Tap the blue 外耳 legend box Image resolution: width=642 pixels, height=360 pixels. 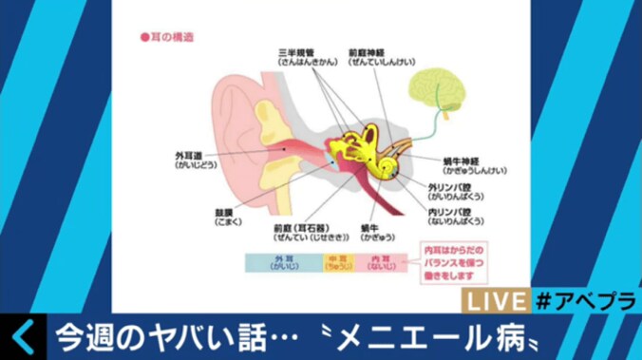click(280, 261)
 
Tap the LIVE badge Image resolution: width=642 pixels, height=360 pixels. click(493, 300)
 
